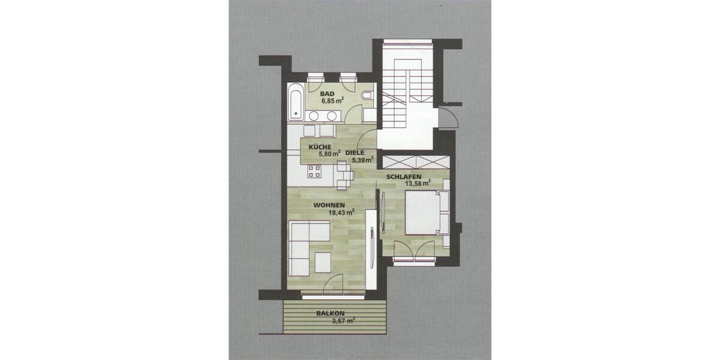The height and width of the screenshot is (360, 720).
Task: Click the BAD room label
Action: tap(327, 94)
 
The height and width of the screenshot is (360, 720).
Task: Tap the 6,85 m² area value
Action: tap(332, 101)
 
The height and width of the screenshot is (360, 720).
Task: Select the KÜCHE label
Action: tap(320, 147)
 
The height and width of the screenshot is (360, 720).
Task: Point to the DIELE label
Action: tap(355, 152)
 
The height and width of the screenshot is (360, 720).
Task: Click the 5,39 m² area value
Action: tap(362, 160)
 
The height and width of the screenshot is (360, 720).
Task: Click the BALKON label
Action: tap(331, 313)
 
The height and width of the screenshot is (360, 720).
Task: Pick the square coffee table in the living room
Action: tap(322, 262)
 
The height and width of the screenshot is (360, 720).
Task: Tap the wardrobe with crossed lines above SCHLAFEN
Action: tap(415, 162)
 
